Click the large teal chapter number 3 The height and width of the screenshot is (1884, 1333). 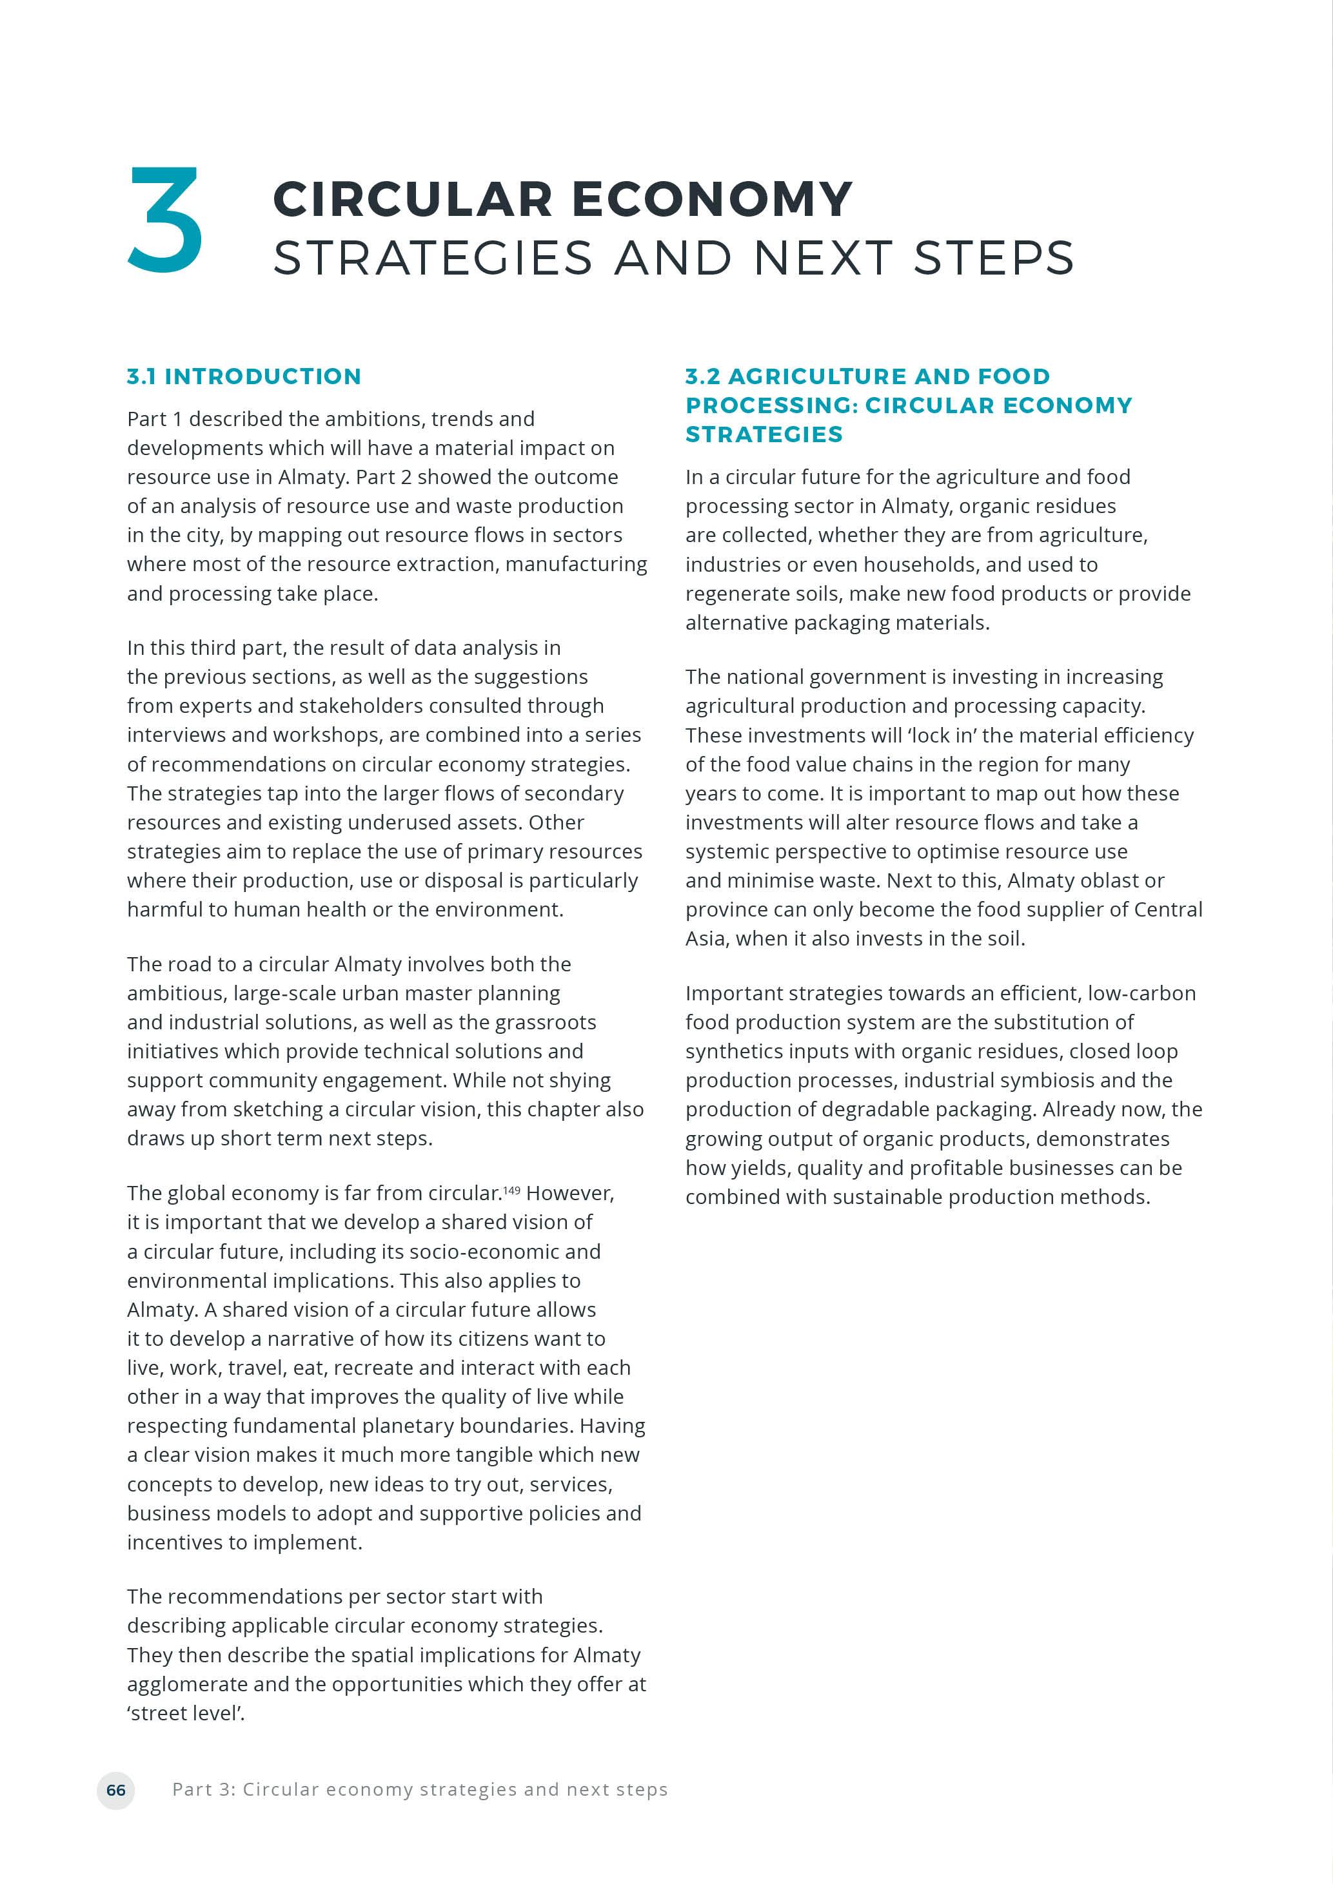tap(165, 219)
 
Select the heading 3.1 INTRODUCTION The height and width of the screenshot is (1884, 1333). tap(244, 376)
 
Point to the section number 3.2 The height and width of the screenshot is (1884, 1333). tap(703, 376)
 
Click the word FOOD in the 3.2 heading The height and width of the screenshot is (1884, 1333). tap(1014, 376)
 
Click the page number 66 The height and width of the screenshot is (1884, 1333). tap(115, 1790)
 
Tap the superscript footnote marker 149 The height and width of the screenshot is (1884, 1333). tap(511, 1190)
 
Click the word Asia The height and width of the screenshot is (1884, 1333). tap(707, 938)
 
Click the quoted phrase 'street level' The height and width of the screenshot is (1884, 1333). tap(186, 1713)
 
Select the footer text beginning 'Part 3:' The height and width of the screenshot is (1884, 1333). tap(419, 1790)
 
